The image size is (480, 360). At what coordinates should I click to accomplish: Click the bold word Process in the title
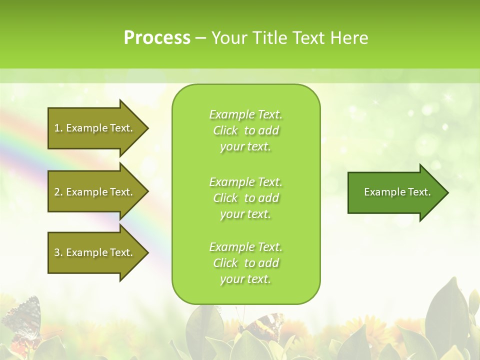[x=157, y=37]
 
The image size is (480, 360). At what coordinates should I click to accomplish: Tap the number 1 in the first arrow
[x=57, y=128]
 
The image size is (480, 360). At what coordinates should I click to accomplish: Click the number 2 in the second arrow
[x=57, y=192]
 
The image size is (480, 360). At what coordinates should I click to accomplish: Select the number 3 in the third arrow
[x=57, y=252]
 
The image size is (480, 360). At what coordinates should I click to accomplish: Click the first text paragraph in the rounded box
[x=245, y=130]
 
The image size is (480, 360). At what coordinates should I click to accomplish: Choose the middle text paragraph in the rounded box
[x=245, y=198]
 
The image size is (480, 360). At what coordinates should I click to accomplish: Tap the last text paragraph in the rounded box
[x=245, y=263]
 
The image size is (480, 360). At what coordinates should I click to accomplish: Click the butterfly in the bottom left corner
[x=22, y=320]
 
